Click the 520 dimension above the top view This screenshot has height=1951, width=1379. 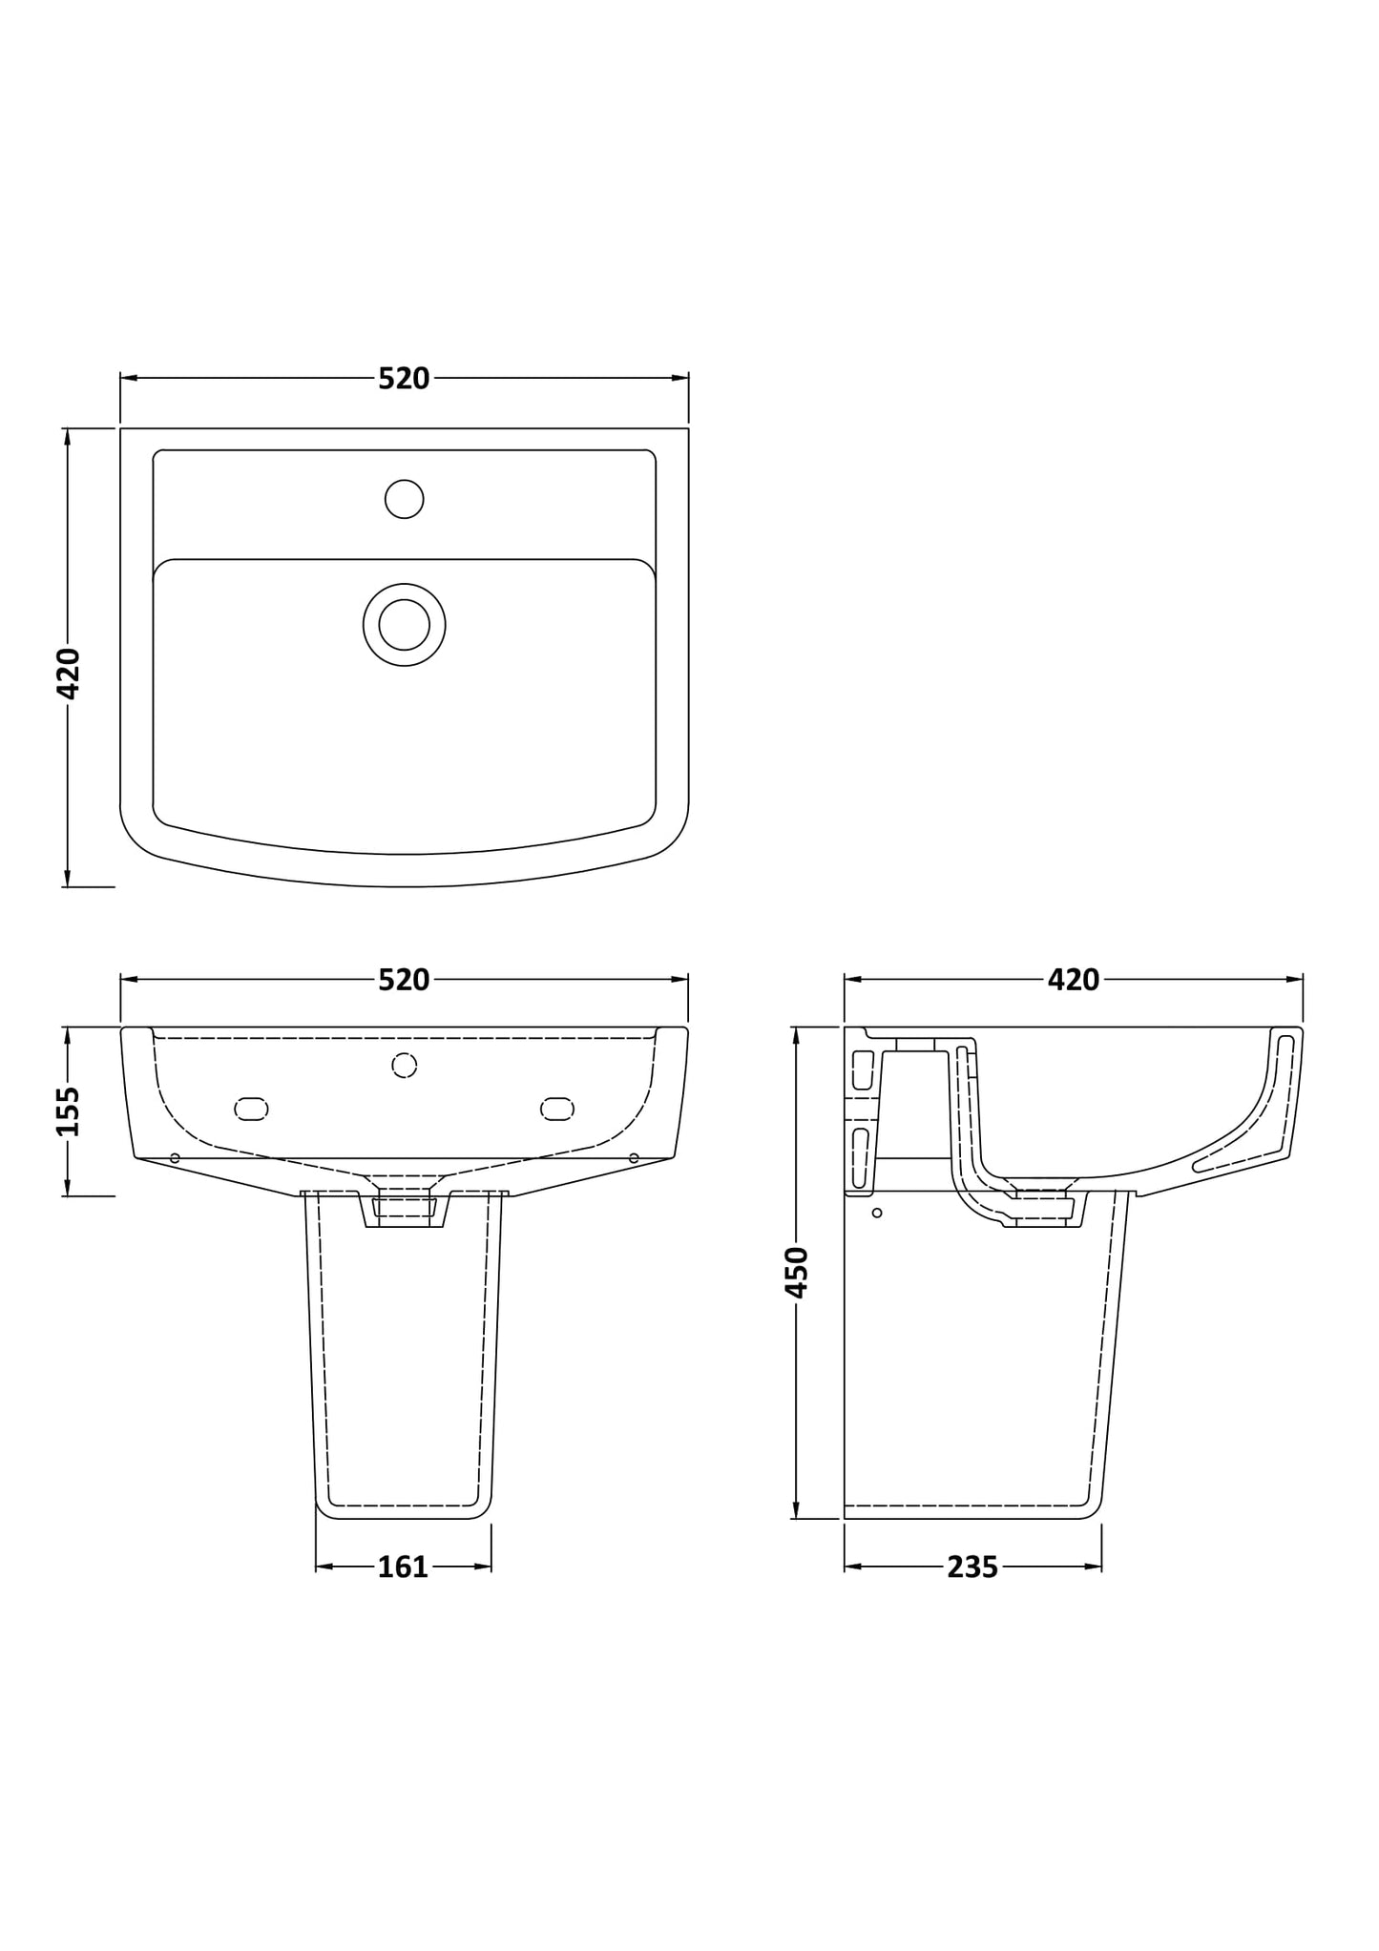click(x=404, y=380)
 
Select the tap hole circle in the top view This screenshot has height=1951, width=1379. click(x=404, y=499)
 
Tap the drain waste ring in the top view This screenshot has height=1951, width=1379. click(x=404, y=625)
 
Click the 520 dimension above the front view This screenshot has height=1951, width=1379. click(x=404, y=980)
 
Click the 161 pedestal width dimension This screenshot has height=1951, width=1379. click(x=403, y=1567)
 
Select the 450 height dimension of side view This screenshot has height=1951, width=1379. click(x=796, y=1272)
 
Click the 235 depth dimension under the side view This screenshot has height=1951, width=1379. click(x=972, y=1567)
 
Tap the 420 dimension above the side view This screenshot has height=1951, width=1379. click(x=1074, y=980)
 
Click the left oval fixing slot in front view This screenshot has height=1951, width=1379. click(x=251, y=1109)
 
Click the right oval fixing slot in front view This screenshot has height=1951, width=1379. click(x=556, y=1109)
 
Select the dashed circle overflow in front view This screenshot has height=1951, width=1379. click(x=404, y=1066)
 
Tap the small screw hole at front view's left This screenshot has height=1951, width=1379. click(x=175, y=1158)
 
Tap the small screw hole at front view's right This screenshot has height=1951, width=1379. click(x=634, y=1158)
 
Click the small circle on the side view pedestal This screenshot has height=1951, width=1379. click(x=877, y=1213)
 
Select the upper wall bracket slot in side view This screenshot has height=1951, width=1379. click(x=863, y=1070)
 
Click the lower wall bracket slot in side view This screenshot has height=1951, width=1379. click(x=859, y=1158)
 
